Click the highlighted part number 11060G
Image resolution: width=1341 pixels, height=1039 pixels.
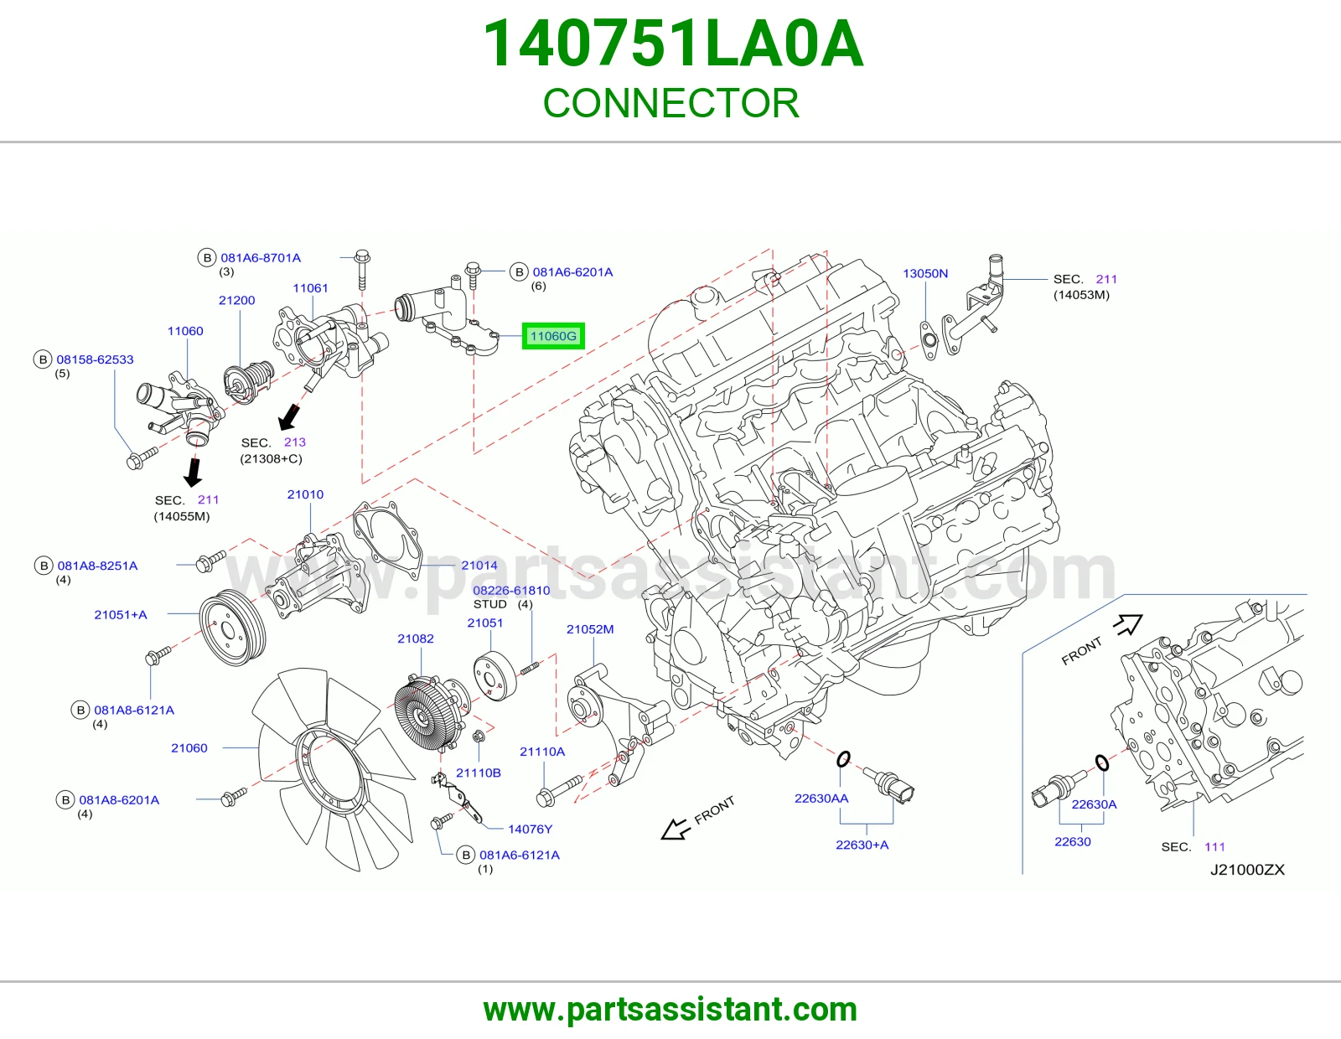click(553, 336)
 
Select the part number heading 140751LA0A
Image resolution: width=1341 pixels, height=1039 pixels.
click(673, 44)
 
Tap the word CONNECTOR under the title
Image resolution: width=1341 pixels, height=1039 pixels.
click(670, 103)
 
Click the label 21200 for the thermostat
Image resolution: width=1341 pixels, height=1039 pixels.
click(236, 301)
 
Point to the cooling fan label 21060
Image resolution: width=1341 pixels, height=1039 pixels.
click(189, 747)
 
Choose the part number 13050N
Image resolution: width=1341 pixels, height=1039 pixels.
click(925, 273)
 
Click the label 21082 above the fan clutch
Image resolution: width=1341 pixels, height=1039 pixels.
click(416, 638)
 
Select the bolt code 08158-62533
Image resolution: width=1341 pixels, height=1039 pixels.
click(95, 359)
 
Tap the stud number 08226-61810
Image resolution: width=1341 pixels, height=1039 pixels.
click(511, 591)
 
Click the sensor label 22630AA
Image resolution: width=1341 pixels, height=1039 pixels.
click(821, 799)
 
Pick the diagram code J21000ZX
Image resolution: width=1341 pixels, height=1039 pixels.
click(1247, 870)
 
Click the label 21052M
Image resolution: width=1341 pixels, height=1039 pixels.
click(590, 629)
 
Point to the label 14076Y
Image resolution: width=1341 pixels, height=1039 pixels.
click(530, 830)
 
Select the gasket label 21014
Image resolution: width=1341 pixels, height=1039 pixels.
click(479, 565)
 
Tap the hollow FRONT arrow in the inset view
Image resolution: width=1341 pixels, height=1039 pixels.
click(1128, 624)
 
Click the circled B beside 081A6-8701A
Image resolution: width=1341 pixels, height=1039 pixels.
click(207, 258)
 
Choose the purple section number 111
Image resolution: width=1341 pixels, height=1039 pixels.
click(1214, 847)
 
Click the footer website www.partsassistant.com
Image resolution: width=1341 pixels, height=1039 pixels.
click(670, 1010)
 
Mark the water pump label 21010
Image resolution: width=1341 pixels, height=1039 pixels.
click(305, 494)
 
